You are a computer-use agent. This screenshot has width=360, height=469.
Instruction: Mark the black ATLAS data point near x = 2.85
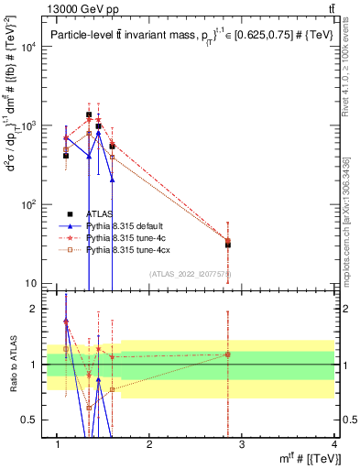[227, 244]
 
